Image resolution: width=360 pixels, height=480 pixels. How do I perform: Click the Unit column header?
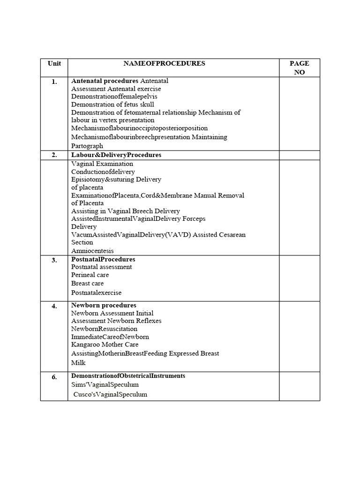(54, 64)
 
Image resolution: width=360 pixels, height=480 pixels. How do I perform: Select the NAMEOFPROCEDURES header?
(164, 64)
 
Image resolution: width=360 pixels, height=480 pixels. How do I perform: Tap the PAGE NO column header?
(299, 67)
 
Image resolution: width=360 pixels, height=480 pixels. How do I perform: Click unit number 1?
(54, 82)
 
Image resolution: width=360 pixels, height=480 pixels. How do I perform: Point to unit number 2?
(54, 155)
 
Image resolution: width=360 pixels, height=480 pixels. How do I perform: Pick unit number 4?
(54, 306)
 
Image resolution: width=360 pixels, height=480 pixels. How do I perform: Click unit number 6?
(54, 376)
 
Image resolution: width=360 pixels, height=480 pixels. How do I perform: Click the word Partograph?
(87, 146)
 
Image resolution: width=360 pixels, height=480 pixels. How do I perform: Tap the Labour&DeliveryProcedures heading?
(116, 155)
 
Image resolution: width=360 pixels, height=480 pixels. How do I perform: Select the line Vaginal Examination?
(102, 164)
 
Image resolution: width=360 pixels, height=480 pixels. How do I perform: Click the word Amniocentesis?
(92, 251)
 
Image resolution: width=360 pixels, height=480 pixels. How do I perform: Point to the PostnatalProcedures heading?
(103, 259)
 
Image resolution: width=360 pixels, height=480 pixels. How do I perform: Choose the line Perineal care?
(88, 275)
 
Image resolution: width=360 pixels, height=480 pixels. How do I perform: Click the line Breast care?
(88, 284)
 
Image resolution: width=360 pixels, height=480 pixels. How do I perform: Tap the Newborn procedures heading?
(104, 305)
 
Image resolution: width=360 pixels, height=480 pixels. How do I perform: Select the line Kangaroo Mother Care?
(105, 345)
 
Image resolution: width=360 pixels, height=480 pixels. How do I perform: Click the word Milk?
(78, 363)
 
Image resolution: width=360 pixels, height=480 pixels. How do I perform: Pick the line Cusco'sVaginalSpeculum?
(110, 395)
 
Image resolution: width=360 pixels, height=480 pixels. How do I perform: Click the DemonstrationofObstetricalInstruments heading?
(128, 376)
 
